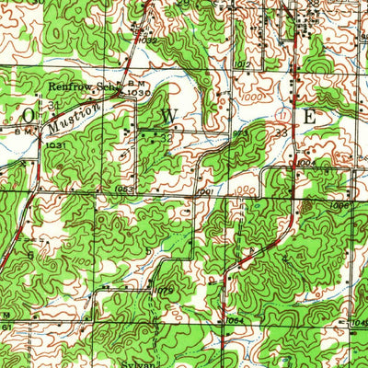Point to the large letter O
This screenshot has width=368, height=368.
tap(30, 115)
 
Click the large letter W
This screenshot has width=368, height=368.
tap(168, 116)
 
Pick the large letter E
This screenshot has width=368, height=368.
tap(310, 117)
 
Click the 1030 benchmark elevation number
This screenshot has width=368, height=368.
tap(138, 93)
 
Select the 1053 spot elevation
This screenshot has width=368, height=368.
tap(126, 190)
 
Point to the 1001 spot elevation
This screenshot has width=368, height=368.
tap(204, 192)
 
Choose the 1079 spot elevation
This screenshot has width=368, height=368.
tap(165, 292)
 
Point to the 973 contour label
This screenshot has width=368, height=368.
tap(239, 134)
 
